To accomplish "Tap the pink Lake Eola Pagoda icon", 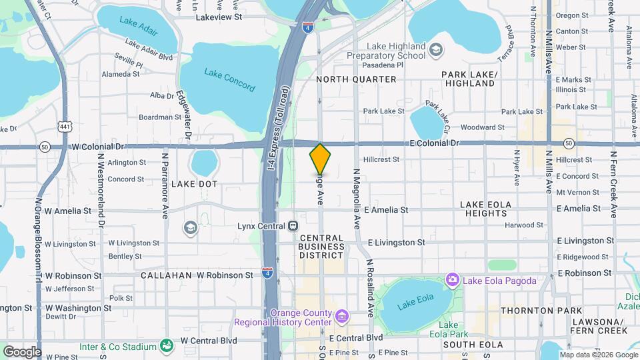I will click(453, 279).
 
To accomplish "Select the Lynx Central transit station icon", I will click(293, 226).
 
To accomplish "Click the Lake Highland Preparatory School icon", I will click(435, 49).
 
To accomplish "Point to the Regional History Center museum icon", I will click(341, 315).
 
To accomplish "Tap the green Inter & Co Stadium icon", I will click(165, 345).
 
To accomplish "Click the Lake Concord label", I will click(229, 80).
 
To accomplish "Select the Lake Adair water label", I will click(138, 25).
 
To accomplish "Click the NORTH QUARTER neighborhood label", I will click(356, 79).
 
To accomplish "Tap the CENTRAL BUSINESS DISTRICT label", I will click(321, 247).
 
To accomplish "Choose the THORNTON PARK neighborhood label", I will click(536, 311).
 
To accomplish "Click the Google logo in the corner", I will click(22, 351).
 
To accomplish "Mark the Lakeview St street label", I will click(222, 18).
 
